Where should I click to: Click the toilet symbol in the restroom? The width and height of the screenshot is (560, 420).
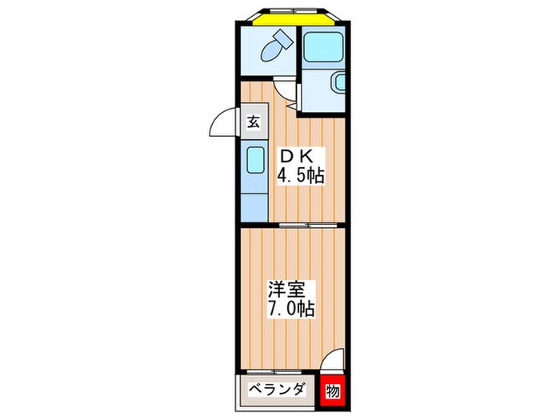(276, 46)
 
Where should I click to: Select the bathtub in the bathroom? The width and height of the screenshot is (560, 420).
(323, 46)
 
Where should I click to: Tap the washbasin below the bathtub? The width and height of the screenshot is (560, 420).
(339, 82)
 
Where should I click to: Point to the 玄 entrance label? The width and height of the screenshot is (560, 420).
(254, 122)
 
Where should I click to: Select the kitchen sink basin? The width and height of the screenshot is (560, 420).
(255, 160)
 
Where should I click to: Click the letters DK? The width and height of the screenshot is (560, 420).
(297, 157)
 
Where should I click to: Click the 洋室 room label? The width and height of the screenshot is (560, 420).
(286, 290)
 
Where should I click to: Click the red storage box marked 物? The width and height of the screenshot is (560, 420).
(333, 391)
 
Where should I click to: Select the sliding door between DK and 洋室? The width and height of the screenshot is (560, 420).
(308, 225)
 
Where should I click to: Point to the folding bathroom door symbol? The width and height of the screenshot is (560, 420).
(294, 97)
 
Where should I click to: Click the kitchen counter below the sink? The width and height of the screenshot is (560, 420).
(254, 208)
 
